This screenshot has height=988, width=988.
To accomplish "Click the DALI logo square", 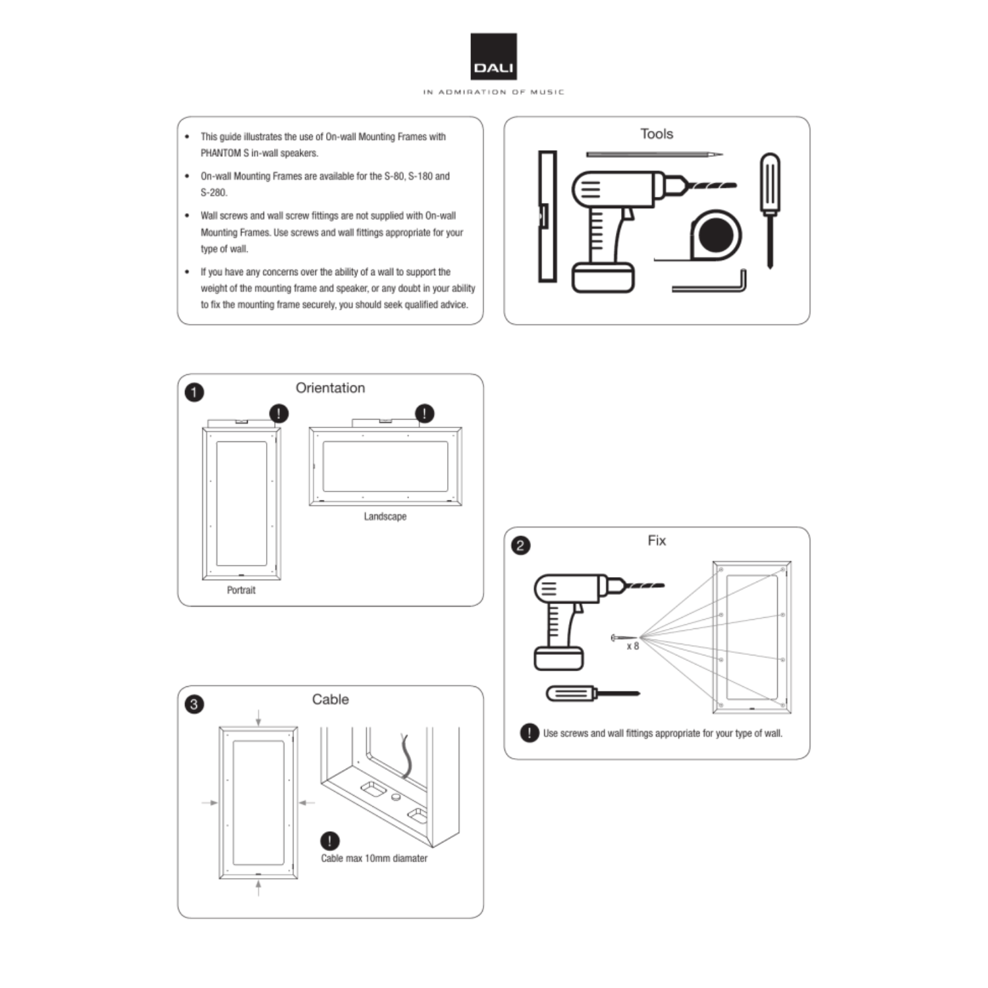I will coord(493,57).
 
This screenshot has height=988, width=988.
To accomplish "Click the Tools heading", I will coord(657,134).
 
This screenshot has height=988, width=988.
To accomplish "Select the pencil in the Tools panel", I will coord(653,155).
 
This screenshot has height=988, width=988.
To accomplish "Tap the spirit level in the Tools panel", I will coord(547,216).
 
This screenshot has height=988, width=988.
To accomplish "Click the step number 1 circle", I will coord(194,393).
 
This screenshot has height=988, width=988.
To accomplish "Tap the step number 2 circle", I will coord(520,545).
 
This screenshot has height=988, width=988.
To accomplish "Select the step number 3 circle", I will coord(194,704).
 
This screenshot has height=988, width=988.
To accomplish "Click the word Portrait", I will coord(241,590).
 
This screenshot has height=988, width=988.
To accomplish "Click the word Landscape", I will coord(385,516).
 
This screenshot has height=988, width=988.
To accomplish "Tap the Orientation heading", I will coord(330,388).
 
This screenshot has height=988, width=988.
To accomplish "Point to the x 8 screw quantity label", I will coord(633,646).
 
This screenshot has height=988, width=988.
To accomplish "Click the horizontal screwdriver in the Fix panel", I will coord(592,694).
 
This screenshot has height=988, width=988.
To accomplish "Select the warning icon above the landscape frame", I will coord(425,414).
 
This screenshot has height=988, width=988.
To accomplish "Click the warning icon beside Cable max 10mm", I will coord(329,840).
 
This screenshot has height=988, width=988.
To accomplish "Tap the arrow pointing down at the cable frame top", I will coord(258,717).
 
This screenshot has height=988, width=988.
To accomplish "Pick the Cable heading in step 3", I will coord(330,700).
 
